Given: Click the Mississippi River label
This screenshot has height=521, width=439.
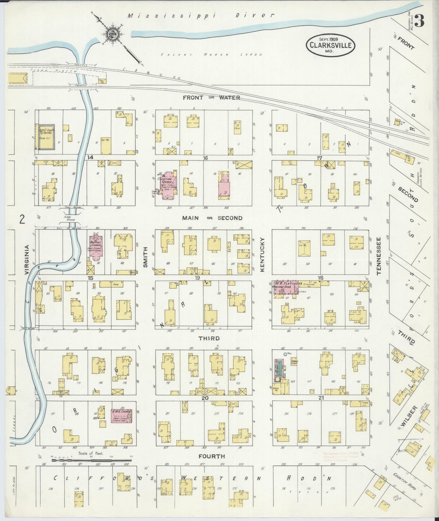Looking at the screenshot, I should (x=201, y=16).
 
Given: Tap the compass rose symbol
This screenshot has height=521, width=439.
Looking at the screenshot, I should (x=112, y=35).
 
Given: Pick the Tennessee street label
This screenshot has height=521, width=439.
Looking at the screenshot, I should (x=379, y=256).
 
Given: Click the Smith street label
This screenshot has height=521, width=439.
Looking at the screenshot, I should (x=145, y=257).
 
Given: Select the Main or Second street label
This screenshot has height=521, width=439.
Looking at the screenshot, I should (x=212, y=218).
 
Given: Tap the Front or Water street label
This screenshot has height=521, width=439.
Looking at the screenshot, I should (x=211, y=98).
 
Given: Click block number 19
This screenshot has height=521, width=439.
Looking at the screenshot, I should (x=197, y=278).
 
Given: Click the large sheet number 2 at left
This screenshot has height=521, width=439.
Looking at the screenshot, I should (x=22, y=219).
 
